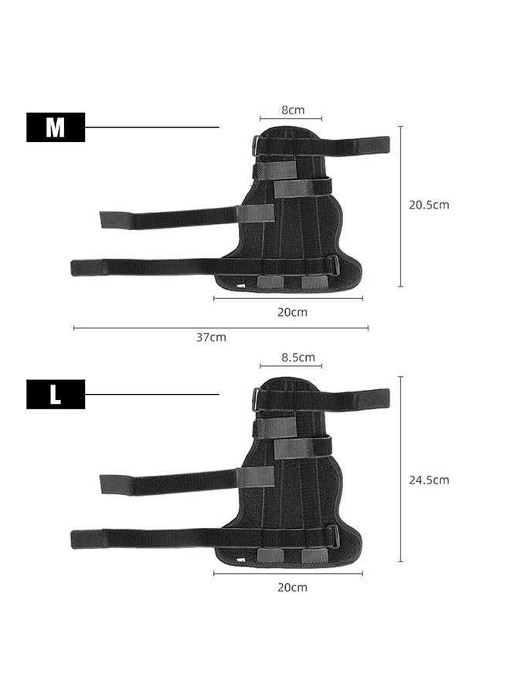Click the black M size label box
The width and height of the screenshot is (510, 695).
[56, 127]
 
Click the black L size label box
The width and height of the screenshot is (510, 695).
[56, 395]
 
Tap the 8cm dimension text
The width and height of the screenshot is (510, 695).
[292, 110]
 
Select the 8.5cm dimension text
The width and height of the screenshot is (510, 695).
[297, 357]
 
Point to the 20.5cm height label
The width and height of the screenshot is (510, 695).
[429, 205]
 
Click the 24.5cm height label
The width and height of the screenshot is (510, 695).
[429, 480]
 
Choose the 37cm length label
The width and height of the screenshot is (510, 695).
[211, 337]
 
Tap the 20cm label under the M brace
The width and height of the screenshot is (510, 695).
[292, 312]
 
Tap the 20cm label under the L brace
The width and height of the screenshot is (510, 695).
[292, 587]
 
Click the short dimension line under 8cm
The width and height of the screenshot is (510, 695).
[291, 119]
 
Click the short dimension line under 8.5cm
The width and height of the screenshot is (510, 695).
[291, 366]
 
